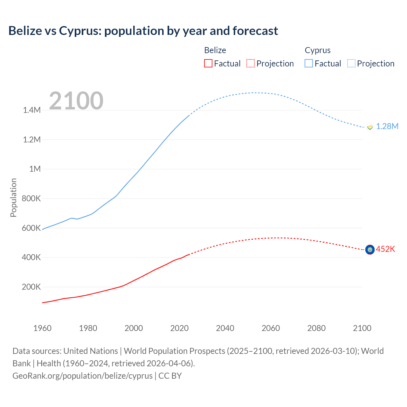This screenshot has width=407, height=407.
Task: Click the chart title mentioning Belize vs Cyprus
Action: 143,31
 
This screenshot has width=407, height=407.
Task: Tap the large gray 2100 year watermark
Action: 76,101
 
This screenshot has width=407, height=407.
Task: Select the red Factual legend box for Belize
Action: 208,64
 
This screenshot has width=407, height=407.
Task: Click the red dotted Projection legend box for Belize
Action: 251,64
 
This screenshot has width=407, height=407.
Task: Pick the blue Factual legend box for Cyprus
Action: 309,64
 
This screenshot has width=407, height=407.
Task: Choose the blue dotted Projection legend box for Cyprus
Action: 351,64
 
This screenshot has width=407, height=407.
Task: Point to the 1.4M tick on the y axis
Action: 32,110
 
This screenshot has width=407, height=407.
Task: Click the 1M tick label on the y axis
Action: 35,169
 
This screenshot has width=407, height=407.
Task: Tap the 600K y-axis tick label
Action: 31,228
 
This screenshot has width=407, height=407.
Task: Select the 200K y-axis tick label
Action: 31,287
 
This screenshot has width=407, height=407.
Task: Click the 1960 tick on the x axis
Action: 42,328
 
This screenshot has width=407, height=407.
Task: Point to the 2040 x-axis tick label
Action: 225,328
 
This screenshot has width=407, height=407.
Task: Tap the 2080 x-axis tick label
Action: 316,328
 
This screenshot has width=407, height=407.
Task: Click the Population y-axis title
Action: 13,197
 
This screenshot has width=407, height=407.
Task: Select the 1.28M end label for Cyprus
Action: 387,127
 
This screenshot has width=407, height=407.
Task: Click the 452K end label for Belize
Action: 385,249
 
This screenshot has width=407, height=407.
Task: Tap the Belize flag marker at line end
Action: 370,250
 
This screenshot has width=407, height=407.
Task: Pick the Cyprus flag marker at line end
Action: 370,127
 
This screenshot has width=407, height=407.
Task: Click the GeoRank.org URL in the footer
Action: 82,376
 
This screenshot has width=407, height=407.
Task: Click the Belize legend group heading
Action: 215,50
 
